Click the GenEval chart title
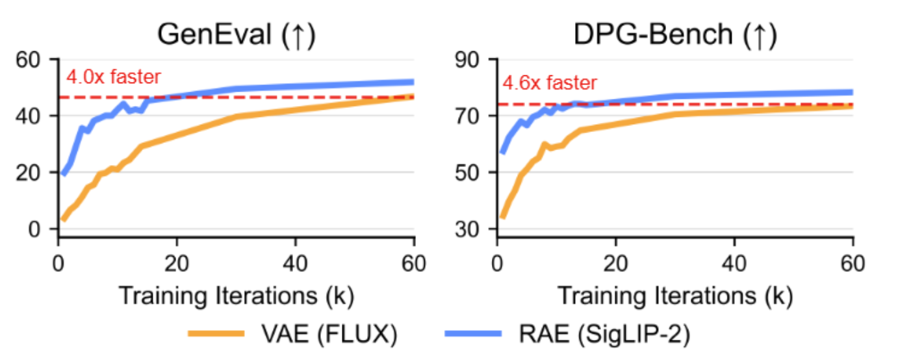click(x=236, y=36)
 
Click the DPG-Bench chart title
click(x=674, y=36)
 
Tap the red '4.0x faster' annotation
click(x=113, y=77)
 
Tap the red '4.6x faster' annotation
click(x=550, y=83)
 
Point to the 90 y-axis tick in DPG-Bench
click(x=480, y=60)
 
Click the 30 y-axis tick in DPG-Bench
click(x=480, y=229)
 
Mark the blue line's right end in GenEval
click(x=413, y=82)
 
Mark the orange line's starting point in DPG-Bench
click(x=502, y=216)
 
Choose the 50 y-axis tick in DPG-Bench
click(x=480, y=173)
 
